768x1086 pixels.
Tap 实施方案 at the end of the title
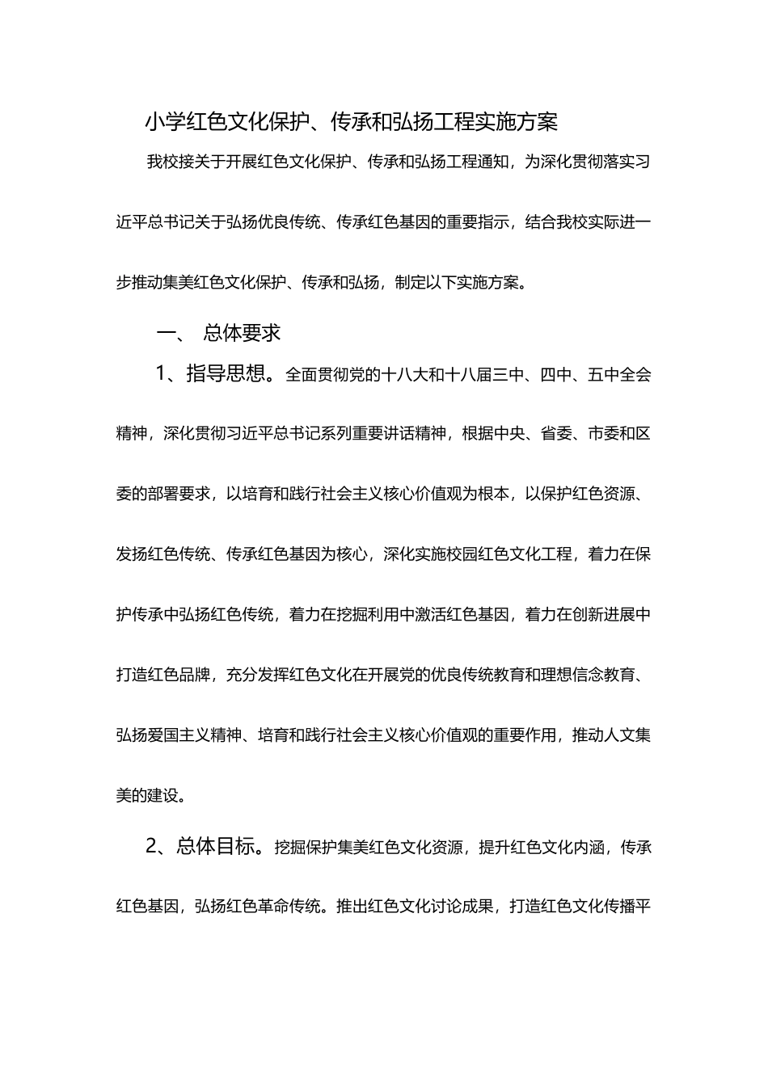click(517, 122)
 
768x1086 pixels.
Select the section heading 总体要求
click(242, 332)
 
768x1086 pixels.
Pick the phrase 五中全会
click(619, 375)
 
